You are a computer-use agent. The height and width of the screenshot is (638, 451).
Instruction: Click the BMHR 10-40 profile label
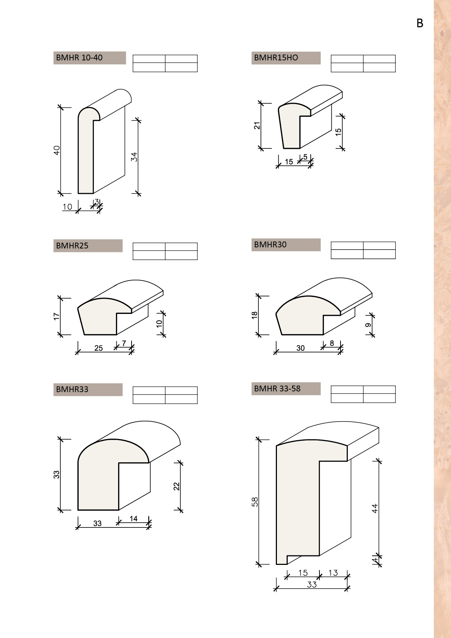79,57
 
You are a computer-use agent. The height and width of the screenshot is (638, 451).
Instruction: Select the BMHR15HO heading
276,57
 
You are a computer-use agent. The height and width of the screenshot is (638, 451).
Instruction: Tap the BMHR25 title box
72,246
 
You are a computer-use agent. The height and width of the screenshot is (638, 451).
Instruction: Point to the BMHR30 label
270,244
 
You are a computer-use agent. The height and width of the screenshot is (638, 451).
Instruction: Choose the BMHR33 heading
72,389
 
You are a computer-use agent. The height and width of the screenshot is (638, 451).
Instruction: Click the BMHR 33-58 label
277,388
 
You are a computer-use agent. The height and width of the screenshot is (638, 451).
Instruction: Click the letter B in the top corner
420,23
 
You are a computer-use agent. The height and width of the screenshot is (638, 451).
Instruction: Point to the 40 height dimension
57,150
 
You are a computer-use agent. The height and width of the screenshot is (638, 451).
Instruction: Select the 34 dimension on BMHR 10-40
134,157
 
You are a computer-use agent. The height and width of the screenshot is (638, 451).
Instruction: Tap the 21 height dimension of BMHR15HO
257,125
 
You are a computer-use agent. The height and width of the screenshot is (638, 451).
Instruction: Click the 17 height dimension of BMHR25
56,316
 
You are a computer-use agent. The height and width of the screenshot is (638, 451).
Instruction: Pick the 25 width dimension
98,348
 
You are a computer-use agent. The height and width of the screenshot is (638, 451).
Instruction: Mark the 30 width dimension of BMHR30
301,348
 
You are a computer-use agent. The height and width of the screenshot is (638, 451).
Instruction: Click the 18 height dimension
255,315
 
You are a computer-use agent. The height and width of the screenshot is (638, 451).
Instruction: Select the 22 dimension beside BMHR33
177,486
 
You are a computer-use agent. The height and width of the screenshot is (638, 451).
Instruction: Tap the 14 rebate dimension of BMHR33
133,519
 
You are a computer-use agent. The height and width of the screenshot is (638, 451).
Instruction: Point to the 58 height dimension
255,502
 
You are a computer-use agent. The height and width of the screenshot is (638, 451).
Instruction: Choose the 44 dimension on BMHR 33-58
375,508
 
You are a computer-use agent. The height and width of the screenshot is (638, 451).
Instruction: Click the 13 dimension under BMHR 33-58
333,573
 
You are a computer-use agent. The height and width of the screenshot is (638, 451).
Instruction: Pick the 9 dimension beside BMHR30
368,325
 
